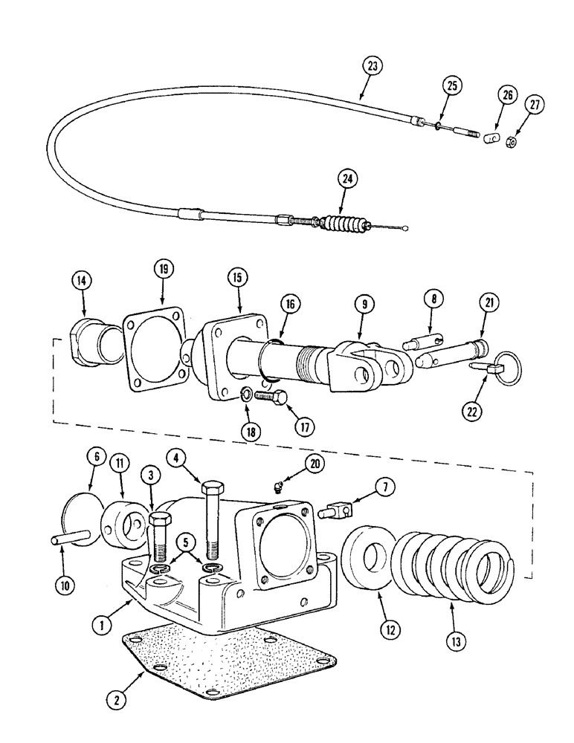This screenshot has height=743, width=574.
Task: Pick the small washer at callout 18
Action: pos(245,395)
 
